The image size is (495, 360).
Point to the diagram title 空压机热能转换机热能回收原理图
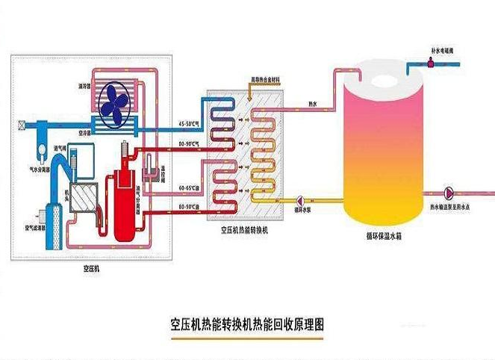[247, 326]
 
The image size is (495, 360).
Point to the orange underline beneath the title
[247, 339]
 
